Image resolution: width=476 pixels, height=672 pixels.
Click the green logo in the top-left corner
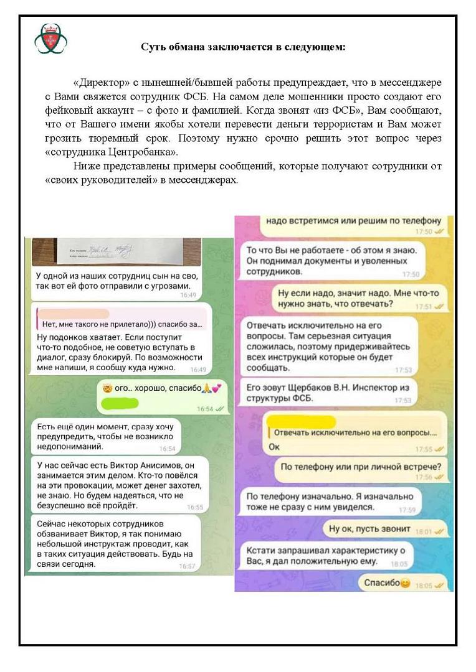pos(50,39)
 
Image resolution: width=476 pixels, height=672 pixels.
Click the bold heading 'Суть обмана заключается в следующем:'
pos(242,47)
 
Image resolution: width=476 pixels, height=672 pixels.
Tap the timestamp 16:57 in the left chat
pos(187,566)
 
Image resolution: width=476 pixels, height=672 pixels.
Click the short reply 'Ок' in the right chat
pos(274,447)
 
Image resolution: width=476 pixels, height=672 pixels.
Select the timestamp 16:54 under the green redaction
pos(205,409)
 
